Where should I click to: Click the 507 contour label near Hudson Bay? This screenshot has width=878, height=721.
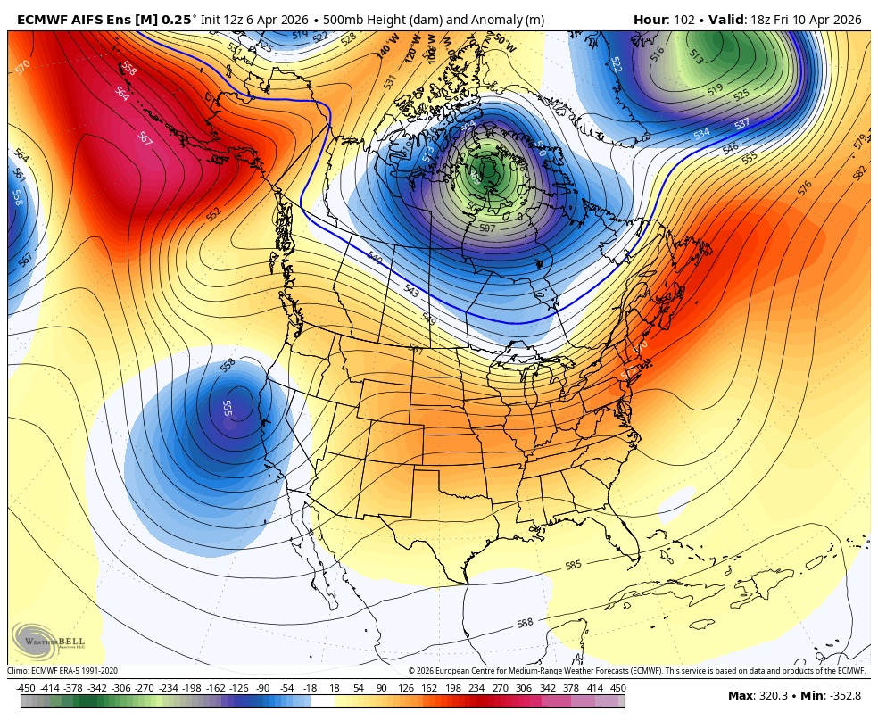coord(487,228)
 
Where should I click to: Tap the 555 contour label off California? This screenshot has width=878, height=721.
coord(227,407)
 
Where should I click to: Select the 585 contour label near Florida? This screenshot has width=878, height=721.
coord(574,566)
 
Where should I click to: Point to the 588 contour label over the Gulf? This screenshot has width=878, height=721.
coord(526,623)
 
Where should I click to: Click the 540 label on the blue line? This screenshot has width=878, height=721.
coord(375,258)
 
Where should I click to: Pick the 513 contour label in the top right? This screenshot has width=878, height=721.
coord(695,60)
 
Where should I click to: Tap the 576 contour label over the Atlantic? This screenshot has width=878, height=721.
coord(805,187)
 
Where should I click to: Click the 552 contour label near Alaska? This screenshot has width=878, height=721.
coord(214,214)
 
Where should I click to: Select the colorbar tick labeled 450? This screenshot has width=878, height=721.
coord(617,688)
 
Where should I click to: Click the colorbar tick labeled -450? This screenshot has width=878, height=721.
coord(26,688)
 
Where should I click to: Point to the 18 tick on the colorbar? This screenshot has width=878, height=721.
coord(335,688)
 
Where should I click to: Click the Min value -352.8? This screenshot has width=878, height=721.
coord(843,696)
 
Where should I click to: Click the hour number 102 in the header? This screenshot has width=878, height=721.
coord(679,20)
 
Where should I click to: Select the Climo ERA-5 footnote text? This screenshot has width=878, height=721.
coord(62,671)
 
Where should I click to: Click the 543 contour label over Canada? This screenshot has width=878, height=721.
coord(411,291)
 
